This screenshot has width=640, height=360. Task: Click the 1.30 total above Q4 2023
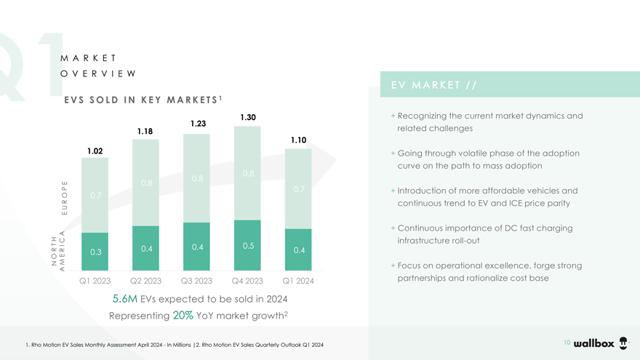[247, 117]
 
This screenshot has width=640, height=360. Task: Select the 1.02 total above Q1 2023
[95, 151]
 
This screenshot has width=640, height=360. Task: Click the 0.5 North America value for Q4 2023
[247, 246]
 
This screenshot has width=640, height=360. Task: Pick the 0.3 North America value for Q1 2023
[95, 252]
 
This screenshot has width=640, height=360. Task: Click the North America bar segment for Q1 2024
[298, 249]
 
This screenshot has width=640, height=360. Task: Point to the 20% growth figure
[183, 316]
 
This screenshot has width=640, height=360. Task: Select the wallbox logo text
[594, 343]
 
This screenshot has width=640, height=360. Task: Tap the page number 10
[567, 341]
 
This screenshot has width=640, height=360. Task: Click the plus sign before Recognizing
[393, 116]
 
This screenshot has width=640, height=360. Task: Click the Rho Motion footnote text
[175, 344]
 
